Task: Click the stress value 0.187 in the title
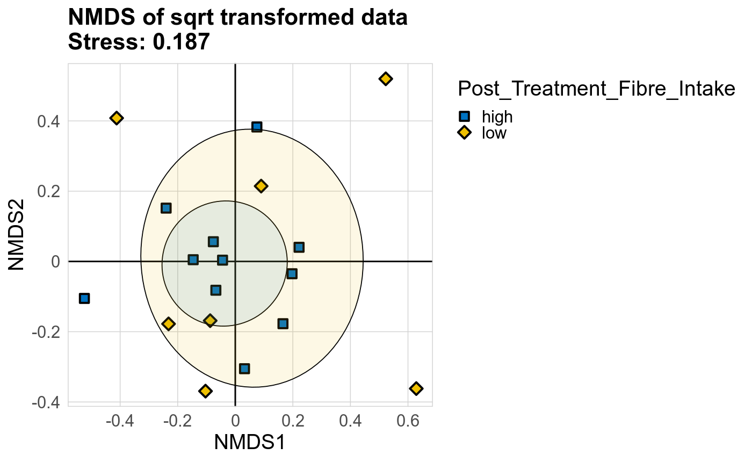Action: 181,42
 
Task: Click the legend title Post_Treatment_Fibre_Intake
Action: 596,89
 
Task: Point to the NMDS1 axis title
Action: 249,442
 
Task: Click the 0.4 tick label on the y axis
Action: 48,121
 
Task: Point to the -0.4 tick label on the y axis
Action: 46,402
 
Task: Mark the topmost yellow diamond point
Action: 385,79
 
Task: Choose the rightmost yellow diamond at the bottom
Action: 416,388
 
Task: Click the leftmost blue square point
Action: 84,298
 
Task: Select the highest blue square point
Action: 257,127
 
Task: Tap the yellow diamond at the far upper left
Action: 117,118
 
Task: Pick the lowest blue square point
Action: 244,369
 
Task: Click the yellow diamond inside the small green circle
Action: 210,321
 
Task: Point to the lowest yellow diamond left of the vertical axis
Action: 205,391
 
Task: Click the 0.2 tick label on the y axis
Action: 48,191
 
